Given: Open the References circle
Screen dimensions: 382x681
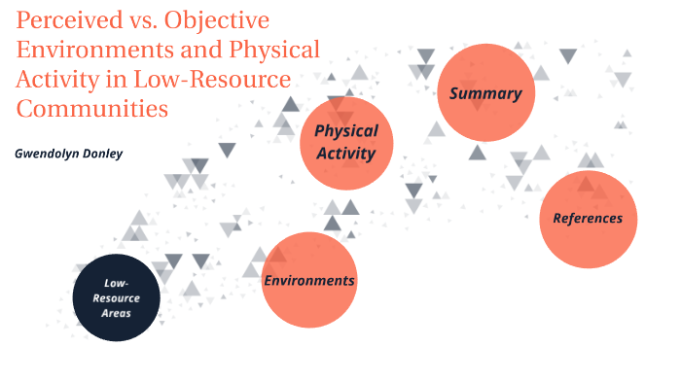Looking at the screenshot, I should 588,219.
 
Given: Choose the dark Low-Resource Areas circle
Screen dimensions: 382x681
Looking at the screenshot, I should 117,297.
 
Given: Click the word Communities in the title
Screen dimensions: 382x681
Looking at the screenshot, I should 92,108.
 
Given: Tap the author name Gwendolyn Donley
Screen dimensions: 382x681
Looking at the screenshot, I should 68,154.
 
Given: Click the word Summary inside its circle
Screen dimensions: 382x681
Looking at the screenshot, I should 485,94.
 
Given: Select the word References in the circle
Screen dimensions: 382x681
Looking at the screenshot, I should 588,219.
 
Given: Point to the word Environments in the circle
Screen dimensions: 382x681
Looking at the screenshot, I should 309,281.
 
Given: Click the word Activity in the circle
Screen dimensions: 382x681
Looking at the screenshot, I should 346,152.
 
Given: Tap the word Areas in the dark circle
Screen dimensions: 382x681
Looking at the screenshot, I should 117,313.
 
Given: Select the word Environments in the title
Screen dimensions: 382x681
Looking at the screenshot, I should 95,50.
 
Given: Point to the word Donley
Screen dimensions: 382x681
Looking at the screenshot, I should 103,154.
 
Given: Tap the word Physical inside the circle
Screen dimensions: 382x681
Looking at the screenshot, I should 346,131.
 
